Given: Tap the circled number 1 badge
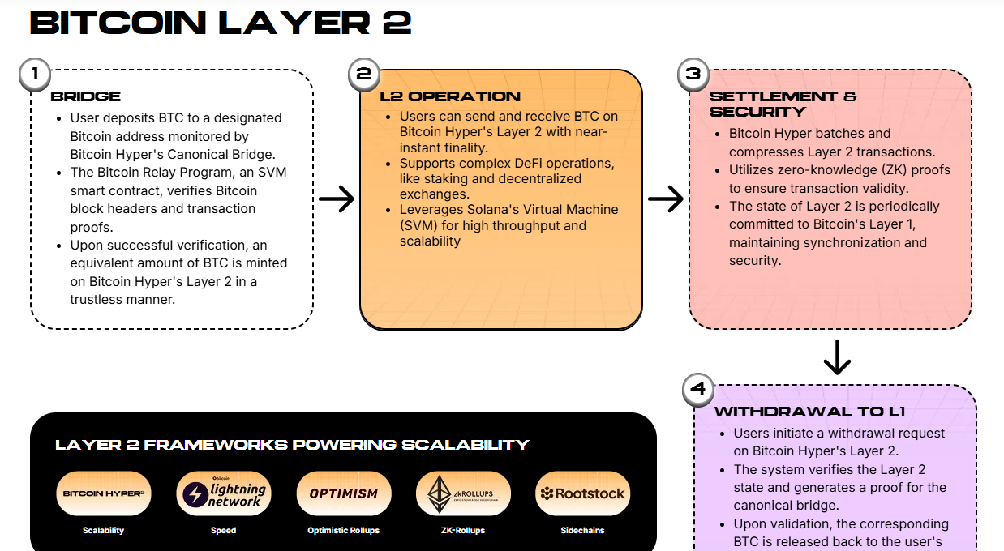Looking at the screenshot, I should [35, 74].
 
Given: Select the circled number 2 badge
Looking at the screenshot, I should [364, 74].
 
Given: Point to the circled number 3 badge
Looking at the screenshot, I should [693, 74].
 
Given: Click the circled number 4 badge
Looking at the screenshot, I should [698, 389].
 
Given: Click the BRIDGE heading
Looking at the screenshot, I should [86, 96].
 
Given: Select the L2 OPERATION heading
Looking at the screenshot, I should [450, 96].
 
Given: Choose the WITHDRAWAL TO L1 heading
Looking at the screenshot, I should [809, 412].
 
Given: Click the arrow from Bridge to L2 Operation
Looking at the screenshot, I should [337, 199].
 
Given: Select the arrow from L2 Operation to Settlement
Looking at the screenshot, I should [666, 199].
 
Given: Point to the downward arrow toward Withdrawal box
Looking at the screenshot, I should [836, 357].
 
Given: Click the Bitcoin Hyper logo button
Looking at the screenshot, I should [103, 493].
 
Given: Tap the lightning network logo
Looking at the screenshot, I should [223, 493].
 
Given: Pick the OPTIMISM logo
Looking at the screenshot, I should [343, 493].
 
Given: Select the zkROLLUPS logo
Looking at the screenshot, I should [463, 493].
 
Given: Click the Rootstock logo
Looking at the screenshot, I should [583, 493].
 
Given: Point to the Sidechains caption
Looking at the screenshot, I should [583, 531].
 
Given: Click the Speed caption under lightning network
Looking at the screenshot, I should [223, 531].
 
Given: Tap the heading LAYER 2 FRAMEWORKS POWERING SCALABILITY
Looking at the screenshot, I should [292, 445].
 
